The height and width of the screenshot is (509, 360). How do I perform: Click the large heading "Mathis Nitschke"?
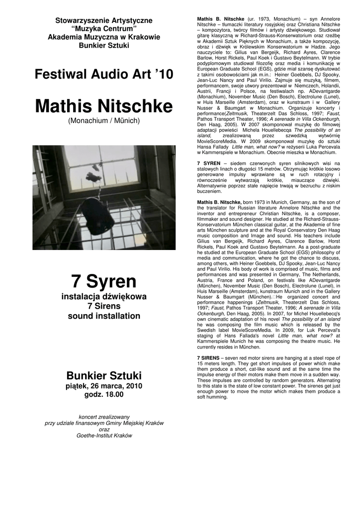[104, 106]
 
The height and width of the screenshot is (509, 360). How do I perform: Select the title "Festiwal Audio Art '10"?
[104, 75]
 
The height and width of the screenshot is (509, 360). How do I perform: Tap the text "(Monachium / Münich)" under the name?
[104, 121]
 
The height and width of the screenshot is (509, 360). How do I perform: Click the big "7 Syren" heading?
[104, 281]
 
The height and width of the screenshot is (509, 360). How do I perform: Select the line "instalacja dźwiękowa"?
[104, 297]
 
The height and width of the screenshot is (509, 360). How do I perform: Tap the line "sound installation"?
[104, 316]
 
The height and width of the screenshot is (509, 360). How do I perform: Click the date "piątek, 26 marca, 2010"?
[104, 386]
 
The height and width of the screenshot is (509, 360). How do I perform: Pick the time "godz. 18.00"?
[104, 395]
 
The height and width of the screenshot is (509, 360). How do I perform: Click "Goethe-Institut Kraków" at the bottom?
[104, 435]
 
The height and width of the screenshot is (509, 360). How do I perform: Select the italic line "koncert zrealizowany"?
[104, 416]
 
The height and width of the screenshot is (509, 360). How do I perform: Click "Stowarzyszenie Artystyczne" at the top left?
[104, 20]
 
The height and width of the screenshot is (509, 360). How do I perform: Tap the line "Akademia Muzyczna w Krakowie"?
[104, 37]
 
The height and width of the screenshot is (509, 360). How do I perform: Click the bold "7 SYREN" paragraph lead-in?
[209, 163]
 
